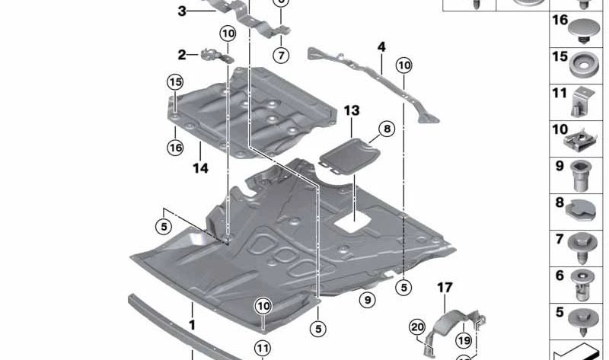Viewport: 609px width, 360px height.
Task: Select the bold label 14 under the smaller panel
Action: (200, 168)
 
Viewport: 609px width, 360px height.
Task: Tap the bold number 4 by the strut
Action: (381, 47)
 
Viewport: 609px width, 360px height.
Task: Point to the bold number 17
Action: (445, 287)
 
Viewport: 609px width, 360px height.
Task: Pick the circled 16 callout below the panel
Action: (176, 148)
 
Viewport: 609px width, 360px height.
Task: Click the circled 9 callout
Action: (368, 300)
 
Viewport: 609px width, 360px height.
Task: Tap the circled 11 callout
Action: (262, 348)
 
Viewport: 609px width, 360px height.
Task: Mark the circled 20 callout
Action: (416, 327)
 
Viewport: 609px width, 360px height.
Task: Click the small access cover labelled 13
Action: (349, 157)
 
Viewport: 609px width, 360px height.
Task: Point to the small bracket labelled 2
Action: (215, 56)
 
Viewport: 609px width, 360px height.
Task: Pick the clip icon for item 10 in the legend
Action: (582, 138)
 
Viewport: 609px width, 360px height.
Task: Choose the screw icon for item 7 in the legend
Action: (582, 246)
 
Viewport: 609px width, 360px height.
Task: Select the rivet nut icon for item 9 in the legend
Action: (582, 174)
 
